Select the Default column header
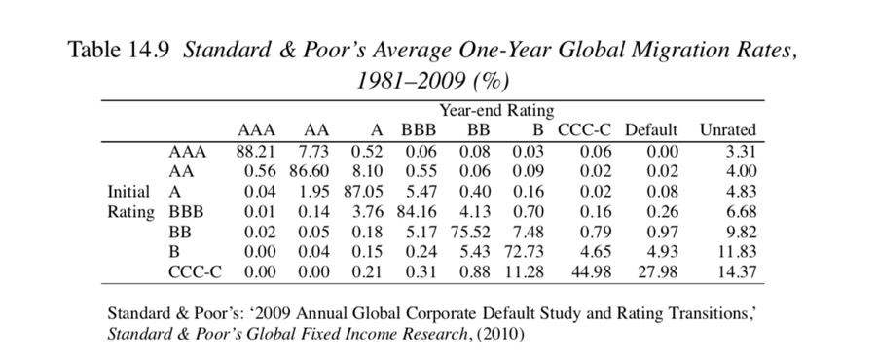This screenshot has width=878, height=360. coord(652,130)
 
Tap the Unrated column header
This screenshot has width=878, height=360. coord(727,130)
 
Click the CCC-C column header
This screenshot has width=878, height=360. coord(583,130)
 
